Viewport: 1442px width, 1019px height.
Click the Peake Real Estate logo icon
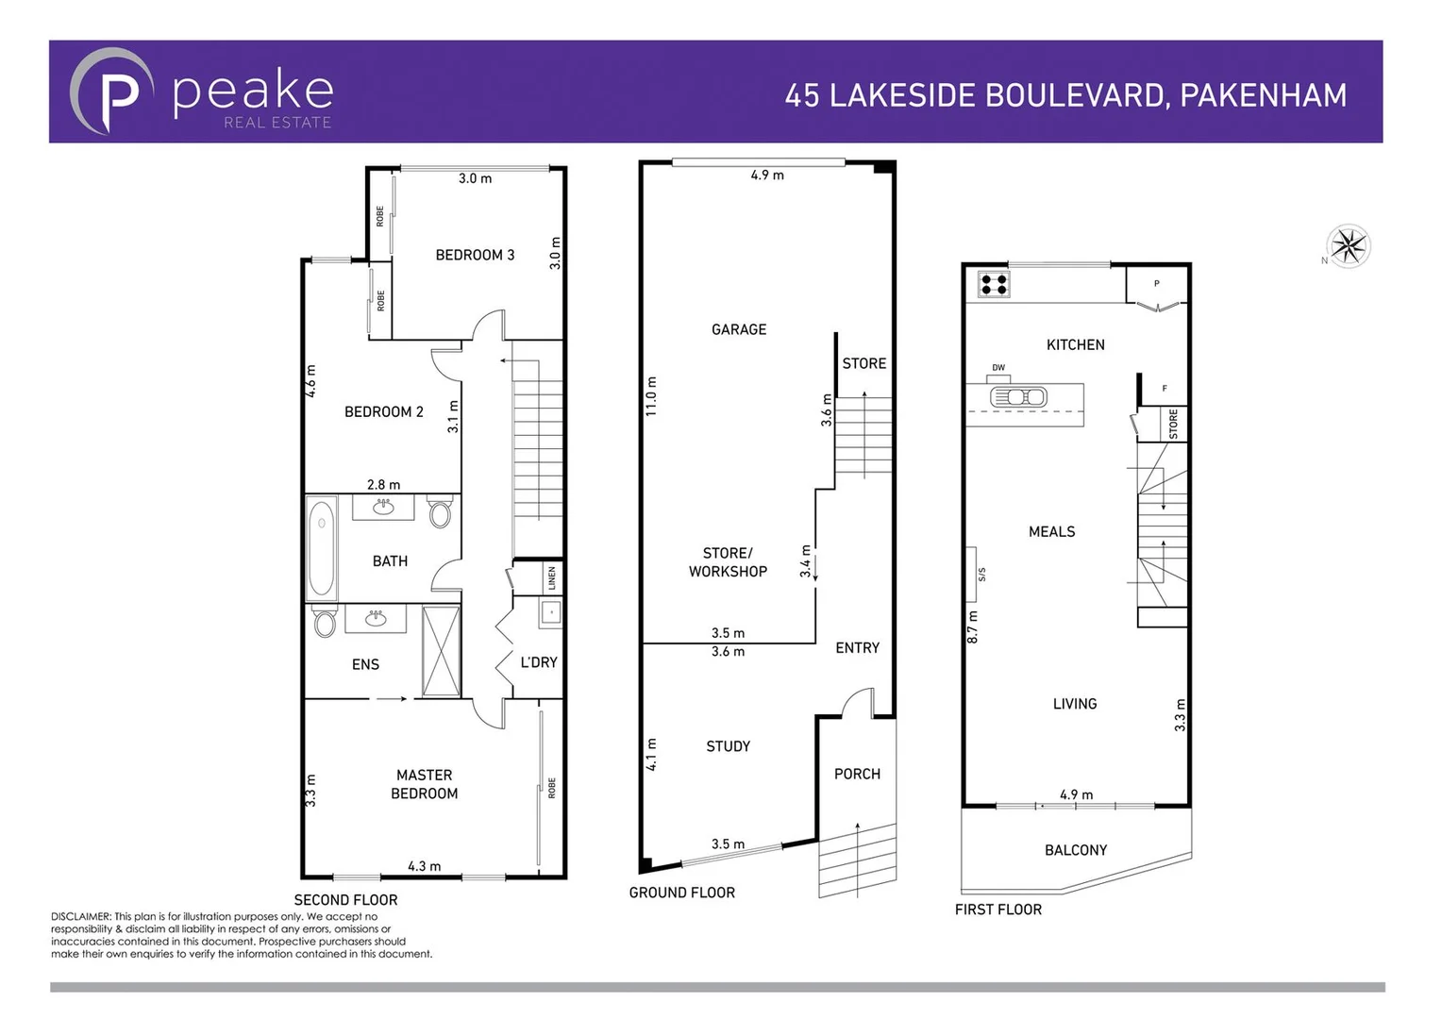click(111, 92)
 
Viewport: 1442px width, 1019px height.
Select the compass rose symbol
click(1349, 247)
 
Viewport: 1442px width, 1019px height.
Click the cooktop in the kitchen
click(994, 283)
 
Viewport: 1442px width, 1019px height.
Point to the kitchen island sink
click(1017, 397)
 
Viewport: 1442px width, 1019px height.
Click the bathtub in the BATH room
click(322, 548)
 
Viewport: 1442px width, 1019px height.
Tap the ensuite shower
click(441, 651)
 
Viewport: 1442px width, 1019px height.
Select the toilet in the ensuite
click(325, 623)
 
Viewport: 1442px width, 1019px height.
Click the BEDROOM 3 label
click(475, 255)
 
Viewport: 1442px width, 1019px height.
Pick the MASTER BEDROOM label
click(424, 784)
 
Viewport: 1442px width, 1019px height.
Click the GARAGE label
click(739, 329)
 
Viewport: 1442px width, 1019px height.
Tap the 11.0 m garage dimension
click(651, 396)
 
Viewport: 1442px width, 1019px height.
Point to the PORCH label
click(857, 774)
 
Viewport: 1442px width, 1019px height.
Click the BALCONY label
click(1075, 850)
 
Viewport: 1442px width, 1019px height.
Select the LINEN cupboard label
click(552, 577)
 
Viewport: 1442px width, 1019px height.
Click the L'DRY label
click(539, 662)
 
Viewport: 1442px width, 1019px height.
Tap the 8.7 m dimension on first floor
click(973, 627)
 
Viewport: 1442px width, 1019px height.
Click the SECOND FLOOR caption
click(345, 900)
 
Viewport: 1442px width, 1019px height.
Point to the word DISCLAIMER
click(81, 916)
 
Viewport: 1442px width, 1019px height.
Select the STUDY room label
click(728, 746)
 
